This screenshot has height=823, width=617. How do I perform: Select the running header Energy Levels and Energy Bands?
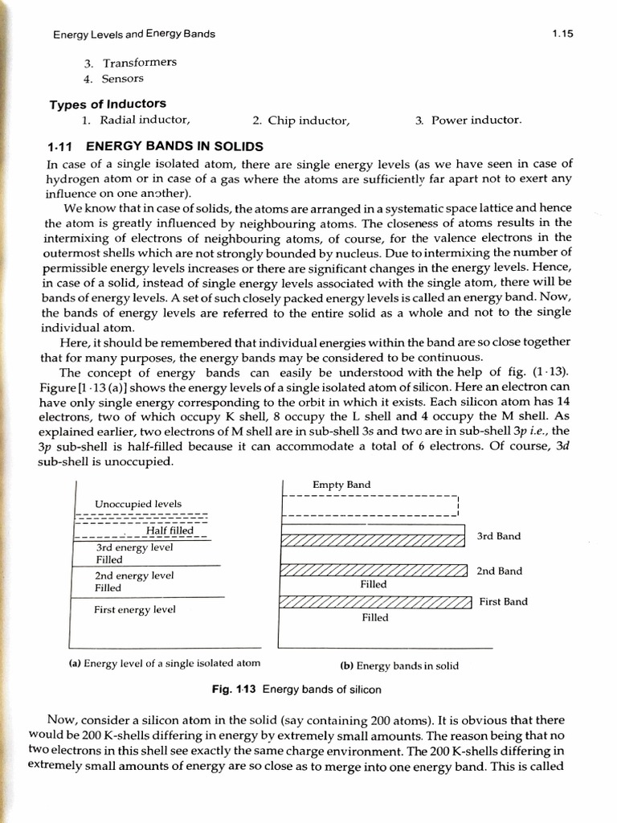[133, 35]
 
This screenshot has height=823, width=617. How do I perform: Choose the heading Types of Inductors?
[108, 104]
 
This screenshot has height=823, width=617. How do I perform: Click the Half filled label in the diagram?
[170, 530]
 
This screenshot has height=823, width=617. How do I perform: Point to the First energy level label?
[134, 609]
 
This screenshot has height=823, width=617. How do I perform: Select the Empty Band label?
[341, 485]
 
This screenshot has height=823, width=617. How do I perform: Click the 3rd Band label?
[498, 536]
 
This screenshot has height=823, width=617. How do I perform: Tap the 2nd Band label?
[499, 571]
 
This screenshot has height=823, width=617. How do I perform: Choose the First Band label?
[503, 601]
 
